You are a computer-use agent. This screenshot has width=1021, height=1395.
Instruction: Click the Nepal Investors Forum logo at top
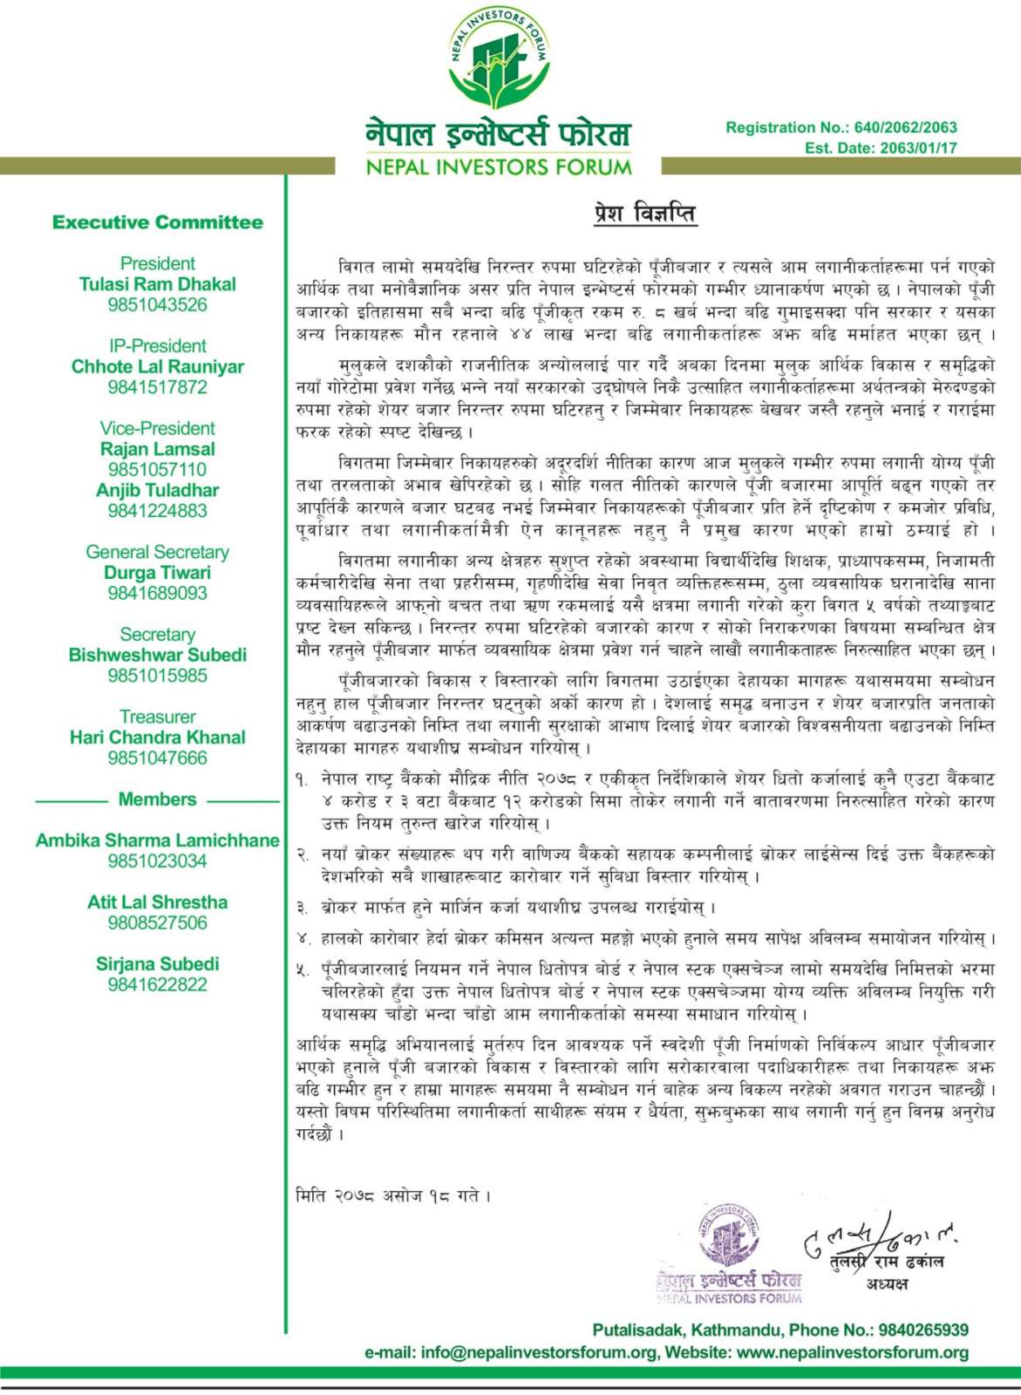coord(498,60)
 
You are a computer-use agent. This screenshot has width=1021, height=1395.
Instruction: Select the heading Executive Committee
coord(158,222)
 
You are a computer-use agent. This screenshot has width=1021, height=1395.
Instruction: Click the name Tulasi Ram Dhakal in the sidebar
coord(158,284)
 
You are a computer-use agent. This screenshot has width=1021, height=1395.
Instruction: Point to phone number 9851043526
coord(158,305)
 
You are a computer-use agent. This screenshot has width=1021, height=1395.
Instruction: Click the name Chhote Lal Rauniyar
coord(158,367)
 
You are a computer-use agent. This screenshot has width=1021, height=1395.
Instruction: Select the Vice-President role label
coord(158,428)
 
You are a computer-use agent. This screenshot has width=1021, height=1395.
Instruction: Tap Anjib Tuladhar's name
coord(158,490)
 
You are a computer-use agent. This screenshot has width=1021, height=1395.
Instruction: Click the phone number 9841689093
coord(158,593)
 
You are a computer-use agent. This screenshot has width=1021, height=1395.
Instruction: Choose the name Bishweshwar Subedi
coord(158,655)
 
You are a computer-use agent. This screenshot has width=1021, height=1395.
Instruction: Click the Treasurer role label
coord(158,717)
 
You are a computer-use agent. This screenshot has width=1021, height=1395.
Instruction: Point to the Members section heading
coord(158,800)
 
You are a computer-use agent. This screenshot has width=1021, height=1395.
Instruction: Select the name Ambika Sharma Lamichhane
coord(158,840)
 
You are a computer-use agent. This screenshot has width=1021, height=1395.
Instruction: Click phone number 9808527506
coord(158,922)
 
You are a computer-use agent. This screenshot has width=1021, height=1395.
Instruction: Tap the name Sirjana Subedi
coord(158,964)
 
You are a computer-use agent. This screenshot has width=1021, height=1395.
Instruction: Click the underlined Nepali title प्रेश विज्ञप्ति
coord(644,214)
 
